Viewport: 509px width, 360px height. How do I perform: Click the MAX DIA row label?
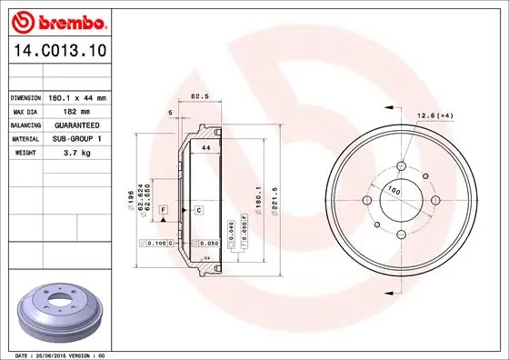pos(25,110)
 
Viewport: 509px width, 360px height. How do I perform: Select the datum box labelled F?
pos(164,210)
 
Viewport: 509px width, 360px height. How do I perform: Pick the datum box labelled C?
pos(198,210)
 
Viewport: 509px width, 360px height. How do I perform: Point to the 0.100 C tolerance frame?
pos(156,245)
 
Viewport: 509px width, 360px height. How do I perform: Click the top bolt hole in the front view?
pos(400,166)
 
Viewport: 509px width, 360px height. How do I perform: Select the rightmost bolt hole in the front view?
pos(434,200)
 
